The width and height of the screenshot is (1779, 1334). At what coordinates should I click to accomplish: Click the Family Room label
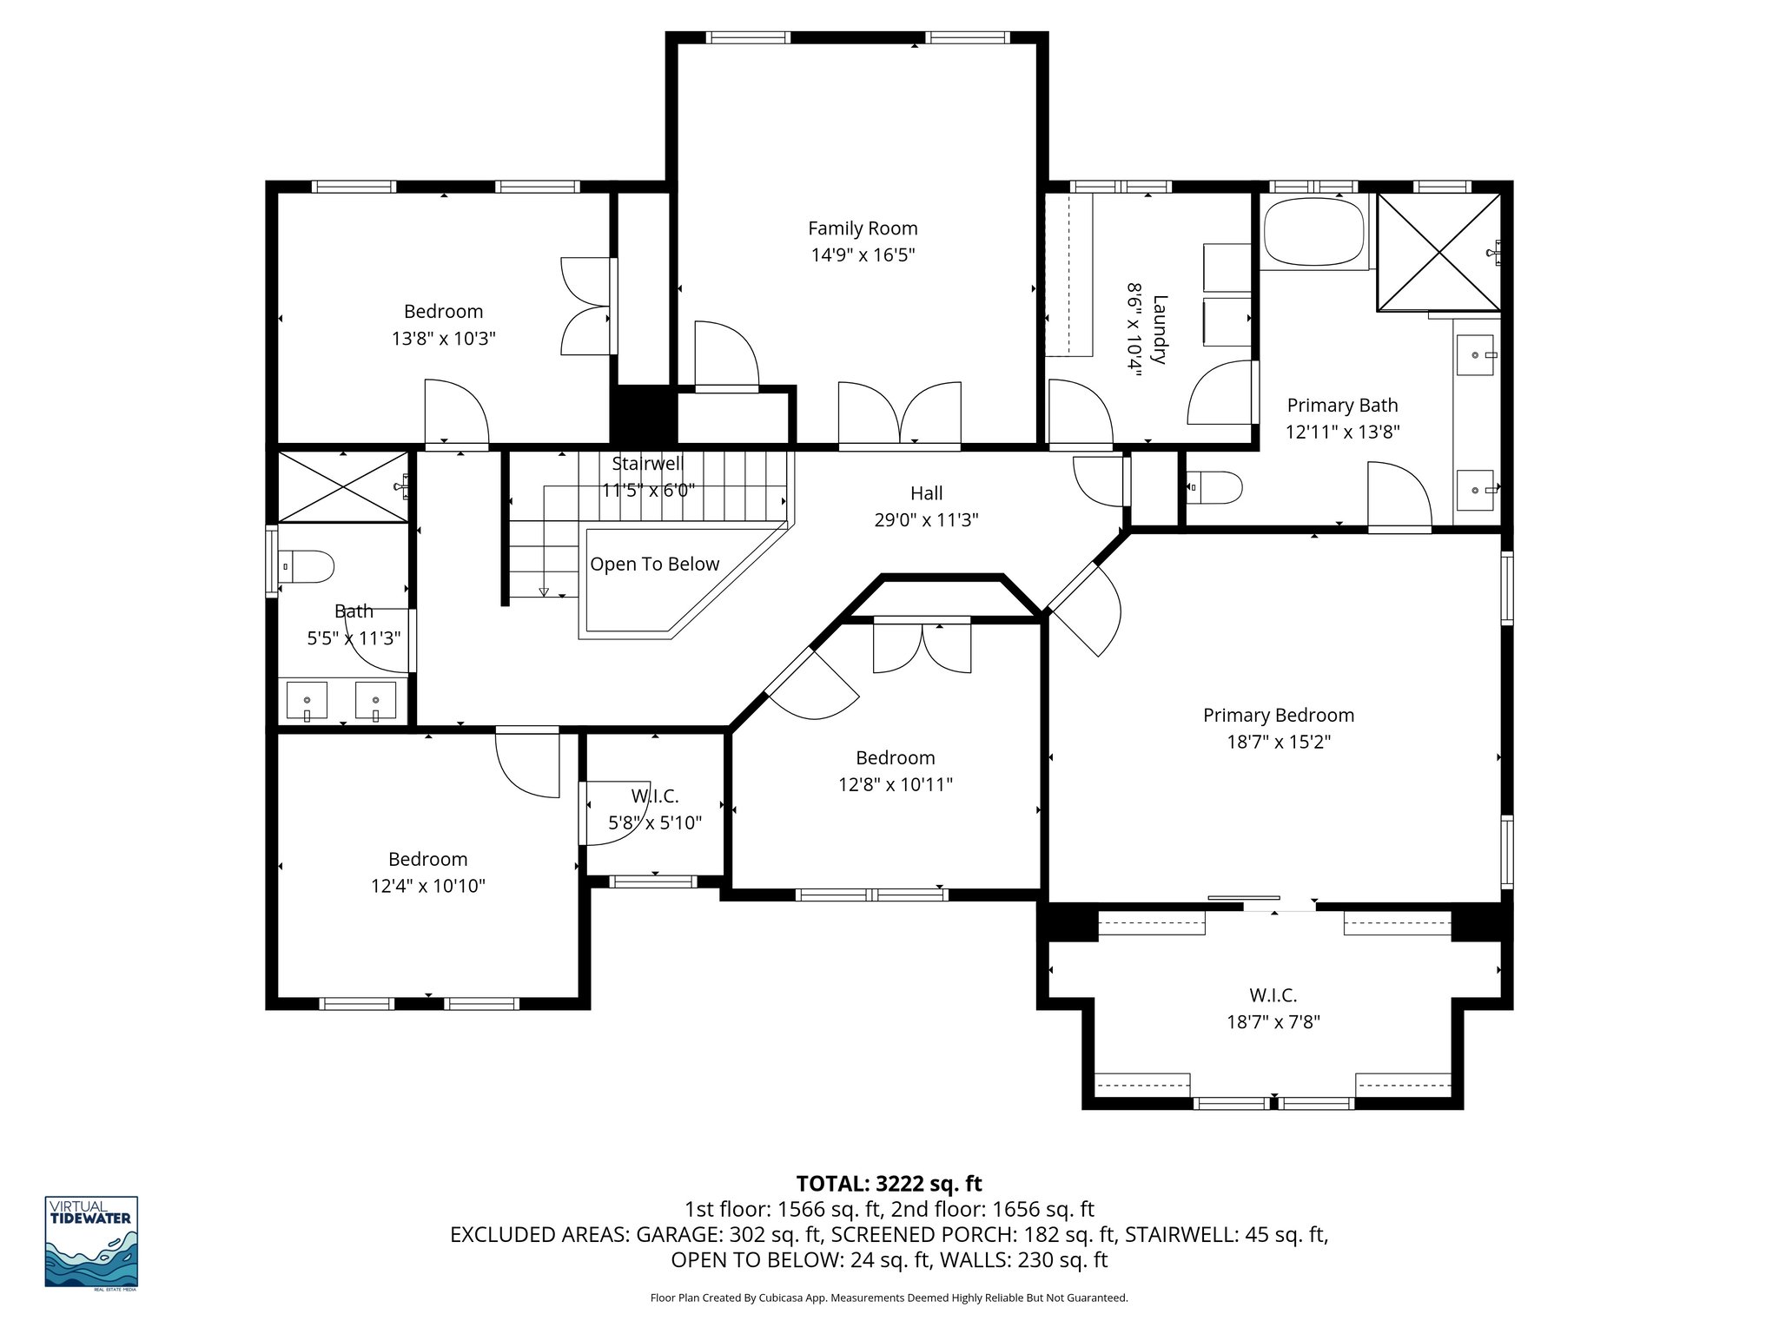[x=863, y=228]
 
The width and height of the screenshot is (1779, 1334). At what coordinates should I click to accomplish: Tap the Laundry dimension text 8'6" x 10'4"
[x=1133, y=327]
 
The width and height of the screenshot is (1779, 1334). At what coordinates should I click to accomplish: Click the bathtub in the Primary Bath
[x=1313, y=232]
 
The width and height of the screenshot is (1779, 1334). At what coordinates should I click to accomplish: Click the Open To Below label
[x=655, y=565]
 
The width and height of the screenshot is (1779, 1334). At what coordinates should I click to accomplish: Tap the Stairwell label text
[x=647, y=464]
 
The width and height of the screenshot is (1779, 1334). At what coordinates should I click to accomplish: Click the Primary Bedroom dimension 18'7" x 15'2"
[x=1278, y=743]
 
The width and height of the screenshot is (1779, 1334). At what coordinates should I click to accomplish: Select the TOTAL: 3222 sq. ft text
[x=889, y=1184]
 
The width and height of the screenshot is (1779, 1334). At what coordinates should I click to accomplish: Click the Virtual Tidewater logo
[x=91, y=1242]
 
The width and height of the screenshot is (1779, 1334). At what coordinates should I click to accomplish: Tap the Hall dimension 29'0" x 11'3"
[x=926, y=520]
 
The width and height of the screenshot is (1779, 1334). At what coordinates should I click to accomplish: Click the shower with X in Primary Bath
[x=1438, y=252]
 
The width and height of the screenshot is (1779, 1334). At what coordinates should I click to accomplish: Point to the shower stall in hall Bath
[x=342, y=488]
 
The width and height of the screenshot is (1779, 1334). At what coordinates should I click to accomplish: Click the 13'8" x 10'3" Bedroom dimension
[x=443, y=339]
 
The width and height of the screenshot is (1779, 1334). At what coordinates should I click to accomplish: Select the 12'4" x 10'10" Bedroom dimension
[x=427, y=887]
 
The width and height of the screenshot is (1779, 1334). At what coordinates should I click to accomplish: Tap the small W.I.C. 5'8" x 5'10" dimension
[x=655, y=823]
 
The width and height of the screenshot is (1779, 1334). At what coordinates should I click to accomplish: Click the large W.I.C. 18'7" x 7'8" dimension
[x=1273, y=1023]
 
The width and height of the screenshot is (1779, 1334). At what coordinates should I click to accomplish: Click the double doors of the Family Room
[x=900, y=416]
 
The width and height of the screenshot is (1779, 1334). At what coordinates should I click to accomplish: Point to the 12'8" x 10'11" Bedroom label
[x=895, y=757]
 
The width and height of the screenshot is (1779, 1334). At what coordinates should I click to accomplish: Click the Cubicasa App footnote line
[x=889, y=1298]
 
